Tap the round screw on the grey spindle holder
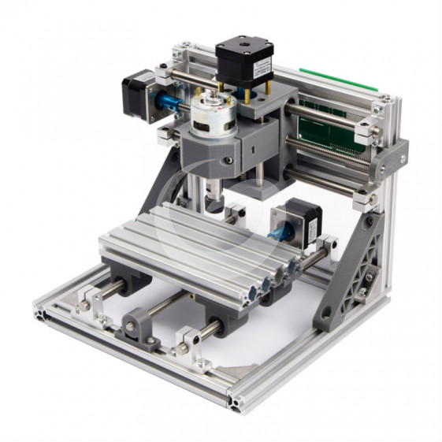(228, 161)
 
